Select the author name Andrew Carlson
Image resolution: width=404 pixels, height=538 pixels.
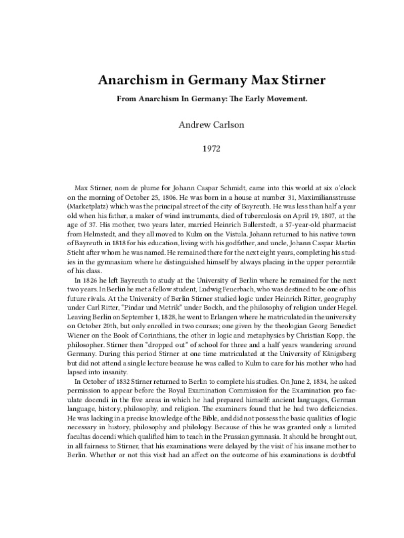click(x=202, y=125)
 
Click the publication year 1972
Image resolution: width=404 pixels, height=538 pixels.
click(x=202, y=150)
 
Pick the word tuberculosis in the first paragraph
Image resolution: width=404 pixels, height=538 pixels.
click(x=246, y=213)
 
